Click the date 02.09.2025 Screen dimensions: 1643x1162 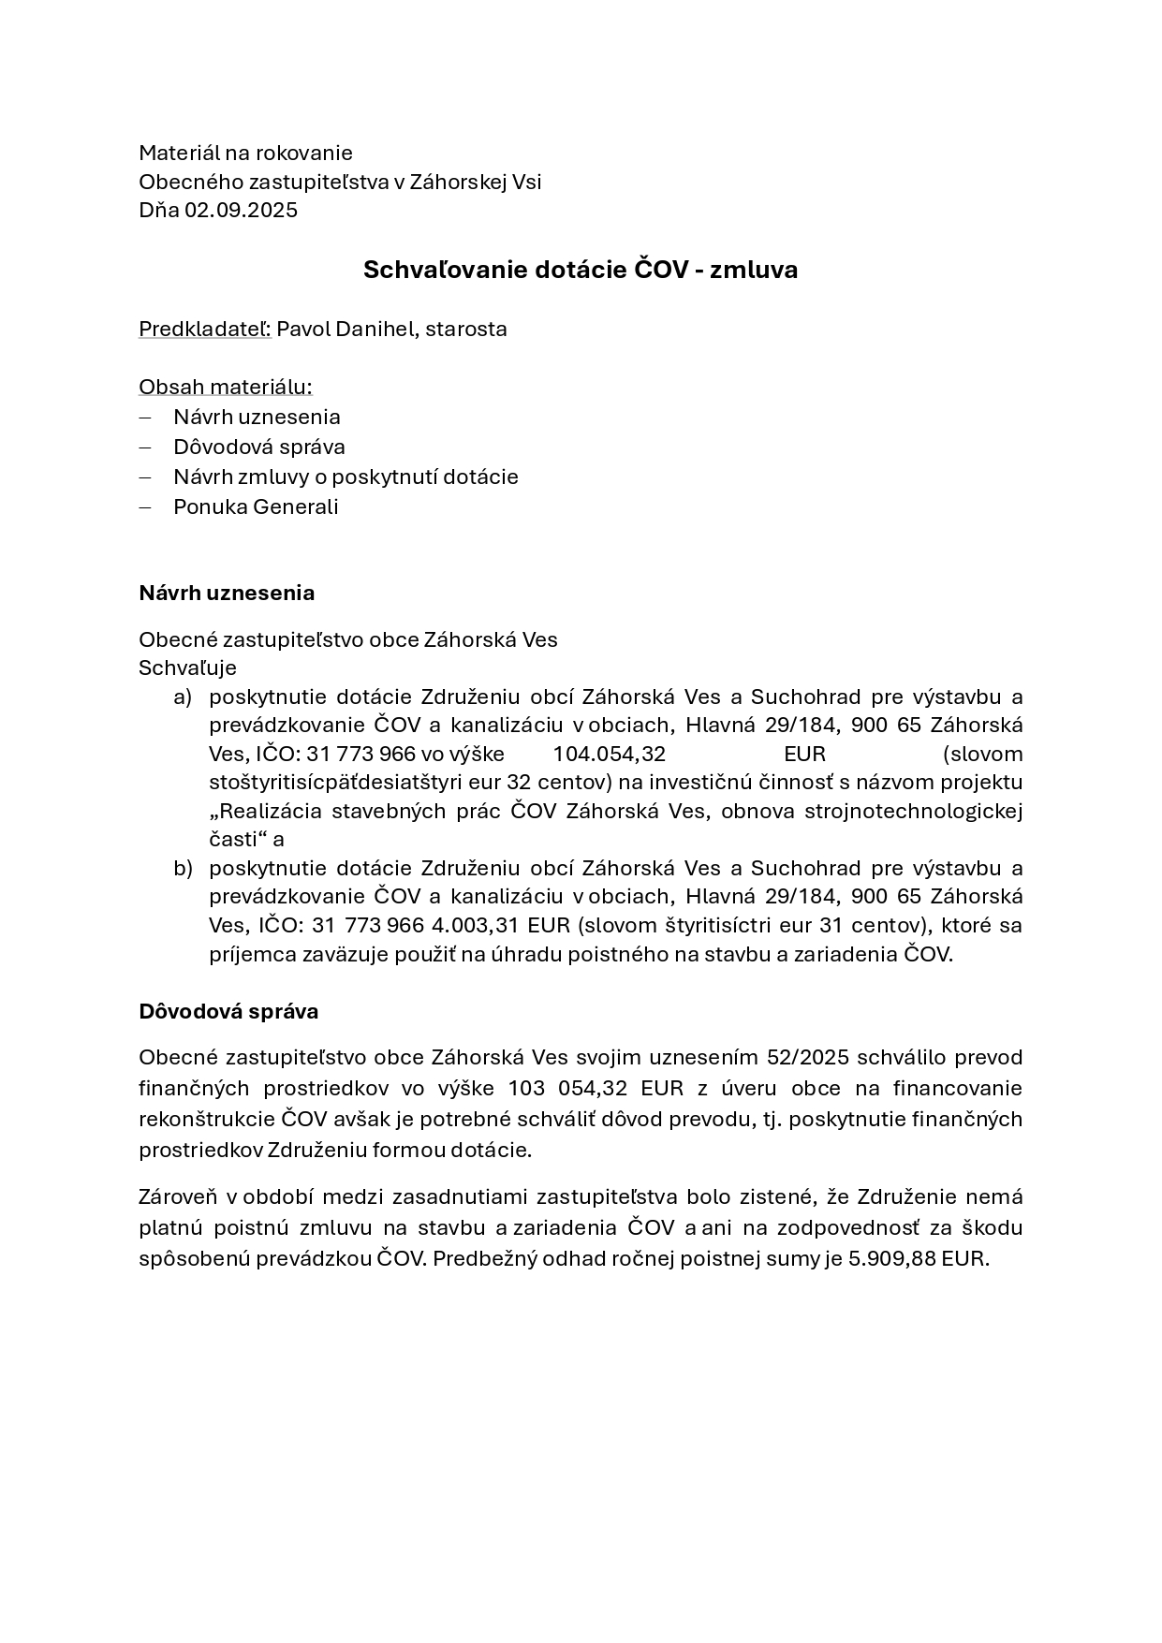click(241, 210)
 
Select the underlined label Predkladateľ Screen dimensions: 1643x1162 click(204, 329)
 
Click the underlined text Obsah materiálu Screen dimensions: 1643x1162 click(225, 387)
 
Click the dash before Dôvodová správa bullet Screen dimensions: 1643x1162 click(145, 447)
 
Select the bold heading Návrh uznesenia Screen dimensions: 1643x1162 click(227, 593)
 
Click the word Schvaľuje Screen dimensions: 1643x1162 click(187, 667)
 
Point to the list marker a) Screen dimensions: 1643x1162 click(182, 697)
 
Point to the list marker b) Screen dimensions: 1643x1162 click(182, 868)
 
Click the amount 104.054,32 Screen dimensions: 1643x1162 click(609, 754)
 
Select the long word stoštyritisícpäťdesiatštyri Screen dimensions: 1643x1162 click(356, 782)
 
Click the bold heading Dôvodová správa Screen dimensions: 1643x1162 click(228, 1011)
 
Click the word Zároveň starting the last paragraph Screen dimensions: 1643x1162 click(178, 1196)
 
